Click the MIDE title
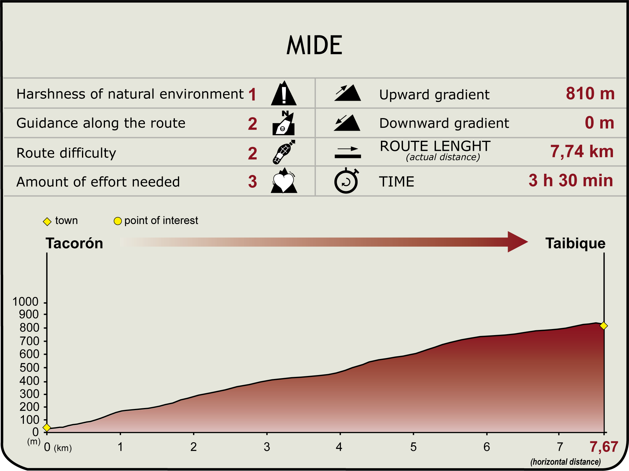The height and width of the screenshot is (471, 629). (x=314, y=45)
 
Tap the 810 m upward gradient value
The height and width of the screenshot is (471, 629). (x=590, y=94)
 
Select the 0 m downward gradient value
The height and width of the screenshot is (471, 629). (x=599, y=123)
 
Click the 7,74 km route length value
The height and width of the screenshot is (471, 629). (x=582, y=151)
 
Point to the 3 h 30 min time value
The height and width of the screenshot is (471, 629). (x=571, y=180)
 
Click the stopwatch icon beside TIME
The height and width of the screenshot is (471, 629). (x=346, y=181)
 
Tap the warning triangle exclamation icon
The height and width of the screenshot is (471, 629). (x=284, y=93)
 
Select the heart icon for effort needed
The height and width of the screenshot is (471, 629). (x=284, y=181)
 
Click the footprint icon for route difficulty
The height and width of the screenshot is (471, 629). (x=284, y=152)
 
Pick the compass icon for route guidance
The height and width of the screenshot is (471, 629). (x=284, y=123)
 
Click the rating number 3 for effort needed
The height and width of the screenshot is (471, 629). (x=253, y=182)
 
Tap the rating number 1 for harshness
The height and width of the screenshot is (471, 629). (x=253, y=94)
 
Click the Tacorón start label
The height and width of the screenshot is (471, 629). (x=74, y=243)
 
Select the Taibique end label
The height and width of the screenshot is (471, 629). (x=575, y=244)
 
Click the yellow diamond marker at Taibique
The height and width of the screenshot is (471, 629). (x=604, y=326)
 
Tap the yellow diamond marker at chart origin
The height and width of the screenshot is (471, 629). (x=47, y=427)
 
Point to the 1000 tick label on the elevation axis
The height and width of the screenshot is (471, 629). (x=25, y=302)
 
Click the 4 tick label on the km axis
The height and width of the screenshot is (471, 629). (x=339, y=447)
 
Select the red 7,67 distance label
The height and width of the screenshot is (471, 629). (x=604, y=447)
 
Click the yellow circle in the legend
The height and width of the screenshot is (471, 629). (x=118, y=221)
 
